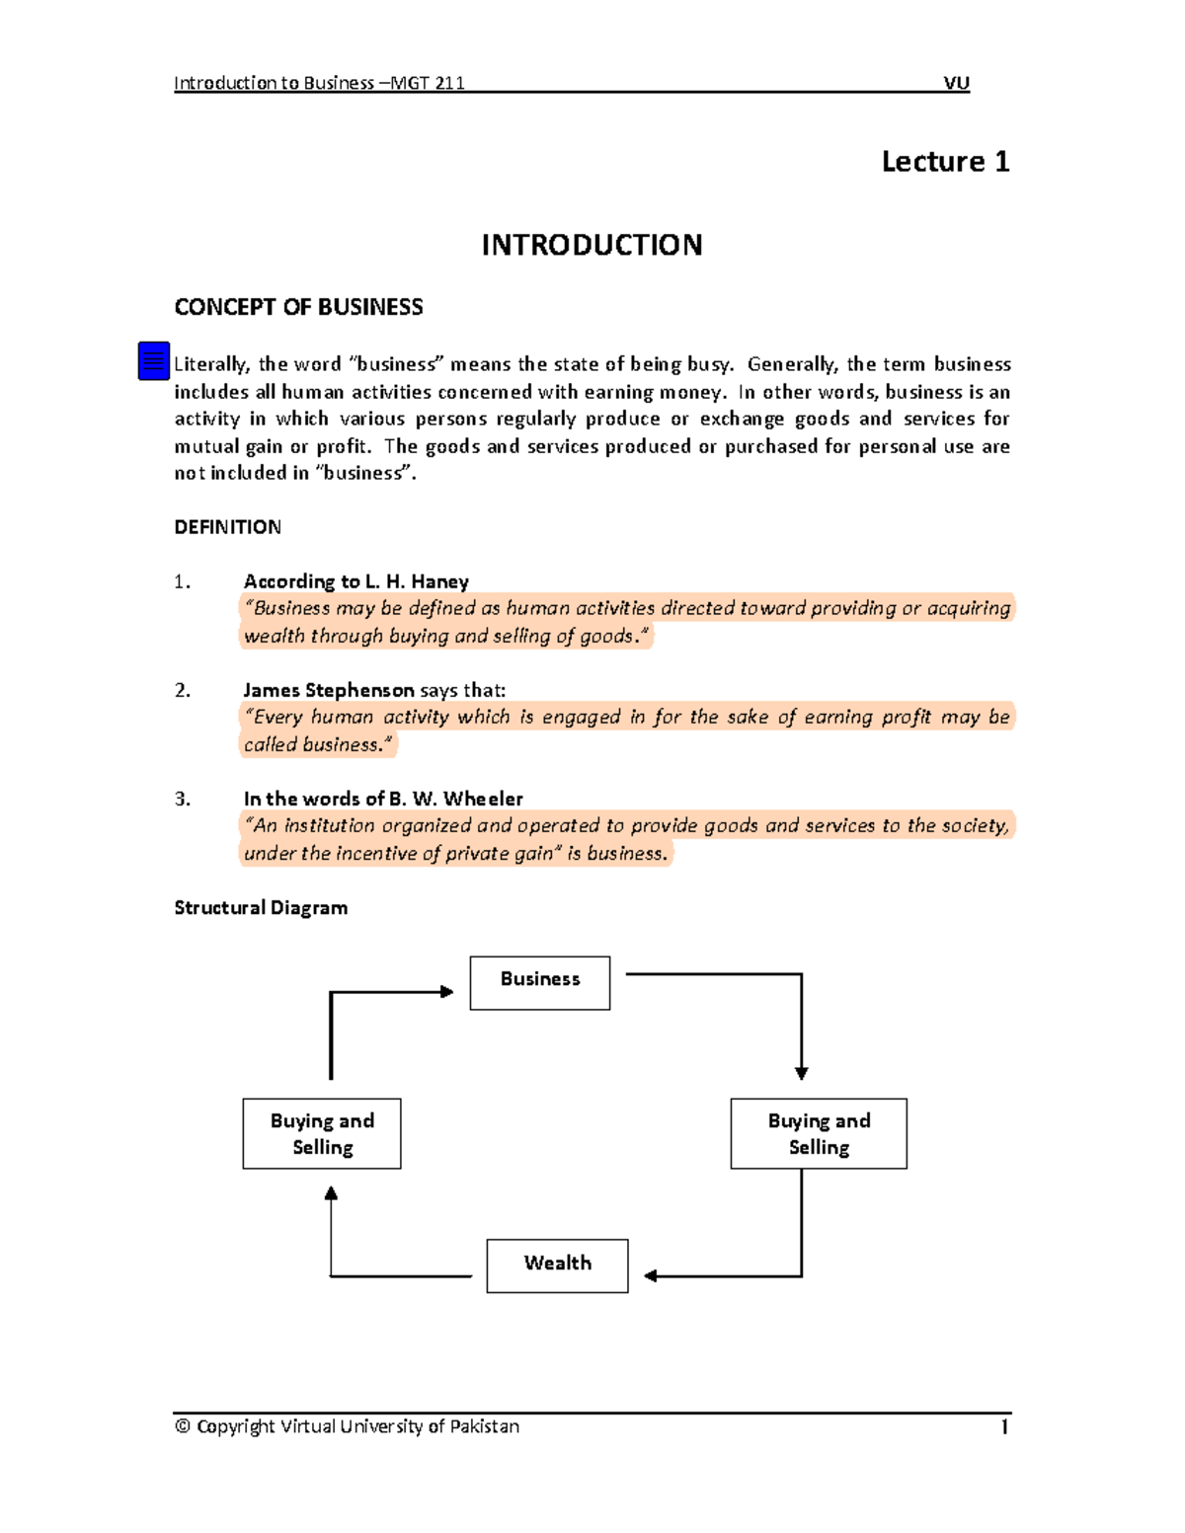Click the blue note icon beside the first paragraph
click(154, 361)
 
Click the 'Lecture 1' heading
click(945, 161)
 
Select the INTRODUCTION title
click(592, 245)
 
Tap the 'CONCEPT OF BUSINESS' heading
click(298, 307)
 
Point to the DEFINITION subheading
click(227, 527)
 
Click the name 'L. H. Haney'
click(417, 581)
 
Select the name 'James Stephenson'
click(329, 690)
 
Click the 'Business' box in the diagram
click(540, 982)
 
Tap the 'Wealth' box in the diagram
click(557, 1265)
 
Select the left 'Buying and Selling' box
click(322, 1133)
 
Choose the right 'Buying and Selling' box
click(819, 1133)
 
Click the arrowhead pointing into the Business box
click(447, 992)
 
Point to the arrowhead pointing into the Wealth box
click(651, 1276)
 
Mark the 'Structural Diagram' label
click(261, 907)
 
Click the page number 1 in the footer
click(1004, 1426)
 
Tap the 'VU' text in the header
click(956, 83)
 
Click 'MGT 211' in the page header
click(428, 83)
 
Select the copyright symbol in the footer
click(183, 1426)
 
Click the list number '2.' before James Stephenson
click(183, 690)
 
